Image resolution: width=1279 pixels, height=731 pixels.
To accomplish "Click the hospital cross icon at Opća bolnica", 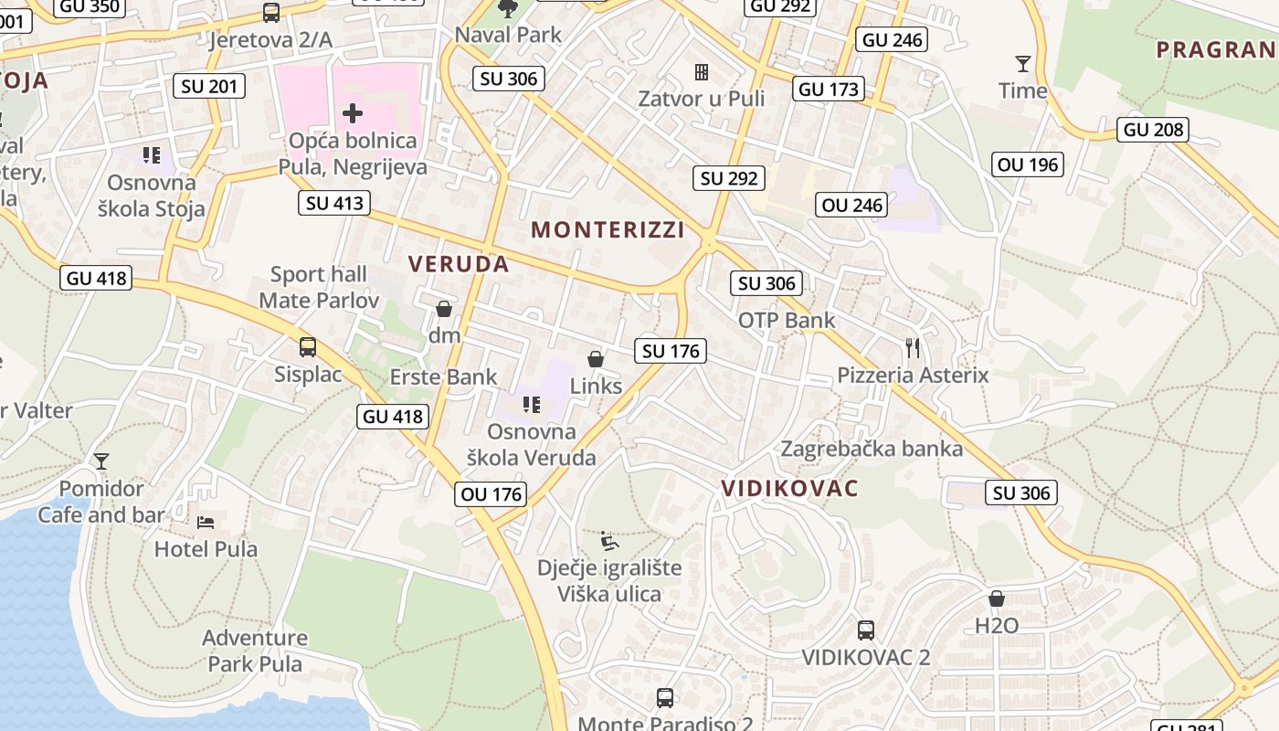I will pyautogui.click(x=353, y=113).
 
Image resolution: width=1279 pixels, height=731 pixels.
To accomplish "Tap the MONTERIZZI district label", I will pyautogui.click(x=608, y=229).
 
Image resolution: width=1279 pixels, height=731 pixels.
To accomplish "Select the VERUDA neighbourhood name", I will pyautogui.click(x=458, y=264).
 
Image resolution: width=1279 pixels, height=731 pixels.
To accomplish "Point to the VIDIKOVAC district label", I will pyautogui.click(x=789, y=488).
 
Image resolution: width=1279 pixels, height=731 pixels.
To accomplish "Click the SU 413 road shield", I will pyautogui.click(x=334, y=203).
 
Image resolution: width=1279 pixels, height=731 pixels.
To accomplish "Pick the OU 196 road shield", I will pyautogui.click(x=1029, y=164).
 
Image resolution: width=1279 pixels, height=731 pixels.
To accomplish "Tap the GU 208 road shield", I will pyautogui.click(x=1154, y=130).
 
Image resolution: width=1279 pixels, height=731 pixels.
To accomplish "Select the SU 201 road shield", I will pyautogui.click(x=210, y=87).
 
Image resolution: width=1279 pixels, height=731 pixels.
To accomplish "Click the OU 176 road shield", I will pyautogui.click(x=492, y=494).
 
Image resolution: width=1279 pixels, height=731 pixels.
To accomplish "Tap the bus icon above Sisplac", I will pyautogui.click(x=308, y=347).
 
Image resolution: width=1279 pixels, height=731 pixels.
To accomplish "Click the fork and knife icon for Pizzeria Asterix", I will pyautogui.click(x=912, y=348).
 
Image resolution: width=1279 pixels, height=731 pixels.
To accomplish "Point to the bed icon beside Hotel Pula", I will pyautogui.click(x=206, y=522).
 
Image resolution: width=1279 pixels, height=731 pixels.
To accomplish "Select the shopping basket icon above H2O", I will pyautogui.click(x=997, y=599).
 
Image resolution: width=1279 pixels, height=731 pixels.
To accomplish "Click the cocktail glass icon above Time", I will pyautogui.click(x=1022, y=63).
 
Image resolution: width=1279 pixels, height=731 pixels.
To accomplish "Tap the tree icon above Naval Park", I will pyautogui.click(x=508, y=9).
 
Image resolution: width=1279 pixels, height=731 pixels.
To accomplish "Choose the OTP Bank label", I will pyautogui.click(x=787, y=320).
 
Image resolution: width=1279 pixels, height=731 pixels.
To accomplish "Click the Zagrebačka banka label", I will pyautogui.click(x=872, y=449).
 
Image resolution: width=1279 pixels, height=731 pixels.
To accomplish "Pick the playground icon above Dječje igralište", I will pyautogui.click(x=608, y=541).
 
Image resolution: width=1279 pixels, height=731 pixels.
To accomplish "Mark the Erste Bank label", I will pyautogui.click(x=444, y=376).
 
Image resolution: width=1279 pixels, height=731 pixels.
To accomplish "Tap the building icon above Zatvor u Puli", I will pyautogui.click(x=702, y=71).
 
